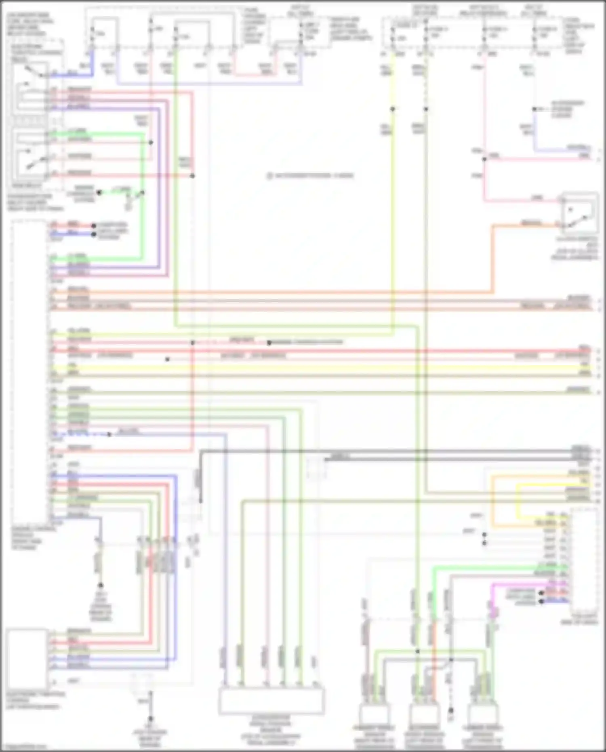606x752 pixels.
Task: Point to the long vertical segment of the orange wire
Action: tap(492, 259)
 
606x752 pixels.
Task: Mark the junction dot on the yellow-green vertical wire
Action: tap(392, 109)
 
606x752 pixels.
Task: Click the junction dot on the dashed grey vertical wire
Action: tap(426, 109)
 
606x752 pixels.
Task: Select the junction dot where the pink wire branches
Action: tap(484, 159)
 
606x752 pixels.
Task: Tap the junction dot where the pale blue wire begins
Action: tap(534, 109)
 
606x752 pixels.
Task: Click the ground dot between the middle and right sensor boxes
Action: tap(451, 710)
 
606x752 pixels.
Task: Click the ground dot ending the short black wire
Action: tap(100, 585)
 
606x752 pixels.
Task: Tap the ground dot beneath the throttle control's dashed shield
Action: tap(150, 719)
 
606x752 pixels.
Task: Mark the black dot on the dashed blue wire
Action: tap(109, 434)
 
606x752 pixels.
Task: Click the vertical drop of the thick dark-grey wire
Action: tap(201, 477)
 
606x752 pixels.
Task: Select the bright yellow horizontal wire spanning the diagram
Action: tap(323, 368)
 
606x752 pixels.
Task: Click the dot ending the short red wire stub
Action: tap(94, 226)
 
